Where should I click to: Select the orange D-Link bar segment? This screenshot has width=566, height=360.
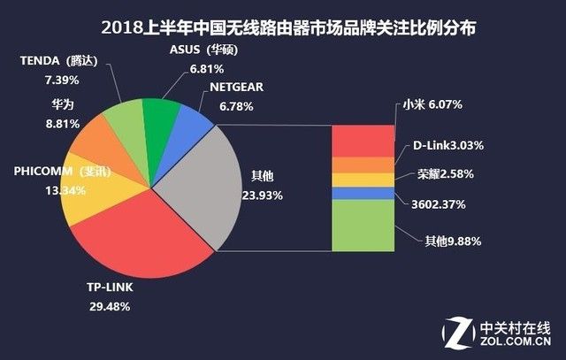coord(363,165)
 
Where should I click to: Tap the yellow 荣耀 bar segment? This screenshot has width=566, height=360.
coord(363,180)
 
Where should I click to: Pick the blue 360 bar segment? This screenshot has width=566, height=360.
coord(363,193)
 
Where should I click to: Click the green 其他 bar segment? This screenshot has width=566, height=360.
coord(363,225)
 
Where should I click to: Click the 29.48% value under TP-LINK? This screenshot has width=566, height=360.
coord(111,306)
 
